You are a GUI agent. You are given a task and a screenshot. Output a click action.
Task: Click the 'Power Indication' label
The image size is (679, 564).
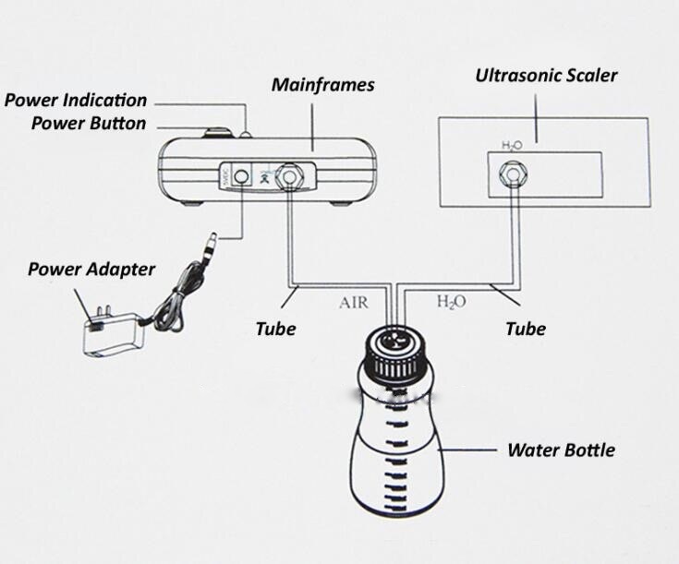(x=75, y=100)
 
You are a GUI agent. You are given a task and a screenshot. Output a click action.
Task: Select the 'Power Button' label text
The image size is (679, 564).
(x=88, y=123)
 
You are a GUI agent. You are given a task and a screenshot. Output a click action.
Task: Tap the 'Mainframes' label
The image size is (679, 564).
(x=322, y=85)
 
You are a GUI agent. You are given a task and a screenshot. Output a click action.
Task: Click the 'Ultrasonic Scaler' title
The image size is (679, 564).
(x=545, y=76)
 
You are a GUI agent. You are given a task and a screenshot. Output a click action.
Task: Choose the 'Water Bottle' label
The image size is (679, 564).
(x=561, y=450)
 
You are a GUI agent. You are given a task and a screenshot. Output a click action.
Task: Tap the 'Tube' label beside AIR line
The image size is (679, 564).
(x=275, y=328)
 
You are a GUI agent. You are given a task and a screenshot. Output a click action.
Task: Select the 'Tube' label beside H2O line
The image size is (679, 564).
(x=525, y=328)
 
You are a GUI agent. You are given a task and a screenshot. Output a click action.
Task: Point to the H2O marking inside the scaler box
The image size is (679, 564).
(x=511, y=145)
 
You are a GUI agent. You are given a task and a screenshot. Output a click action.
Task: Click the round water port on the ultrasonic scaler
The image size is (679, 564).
(x=511, y=174)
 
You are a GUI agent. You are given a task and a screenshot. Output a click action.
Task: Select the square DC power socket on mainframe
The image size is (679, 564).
(x=243, y=174)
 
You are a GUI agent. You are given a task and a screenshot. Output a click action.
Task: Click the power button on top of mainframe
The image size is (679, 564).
(x=219, y=133)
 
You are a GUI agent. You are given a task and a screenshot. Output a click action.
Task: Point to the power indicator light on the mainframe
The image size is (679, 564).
(x=247, y=136)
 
